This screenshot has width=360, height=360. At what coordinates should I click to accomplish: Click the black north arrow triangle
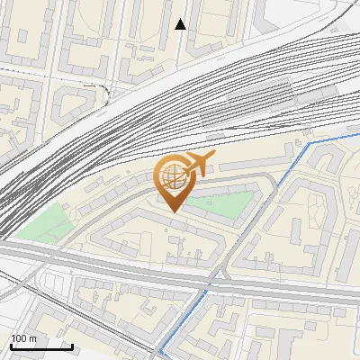point(180,24)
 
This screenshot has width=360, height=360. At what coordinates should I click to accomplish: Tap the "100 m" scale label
point(23,338)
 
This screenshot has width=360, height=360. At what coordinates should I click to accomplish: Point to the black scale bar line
point(41,346)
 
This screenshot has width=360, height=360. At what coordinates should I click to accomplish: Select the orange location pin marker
point(173,181)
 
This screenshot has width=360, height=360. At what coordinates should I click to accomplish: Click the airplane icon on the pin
point(198,165)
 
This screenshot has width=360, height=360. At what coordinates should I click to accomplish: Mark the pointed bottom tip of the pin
point(173,211)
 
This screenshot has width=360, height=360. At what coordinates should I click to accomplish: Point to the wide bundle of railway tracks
point(135,126)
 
